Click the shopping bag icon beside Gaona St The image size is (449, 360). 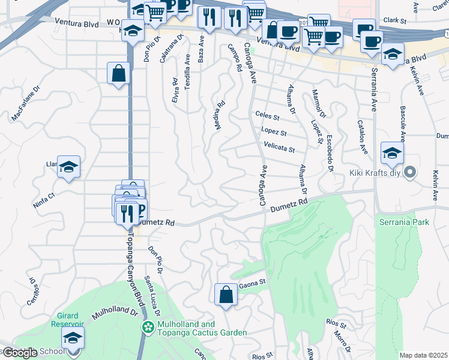pyautogui.click(x=225, y=295)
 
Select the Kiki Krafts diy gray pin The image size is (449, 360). pyautogui.click(x=410, y=173)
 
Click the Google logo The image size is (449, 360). pyautogui.click(x=20, y=353)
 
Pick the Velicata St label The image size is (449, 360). pyautogui.click(x=279, y=147)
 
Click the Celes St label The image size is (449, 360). pyautogui.click(x=268, y=115)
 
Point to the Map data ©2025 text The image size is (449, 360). pyautogui.click(x=424, y=355)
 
